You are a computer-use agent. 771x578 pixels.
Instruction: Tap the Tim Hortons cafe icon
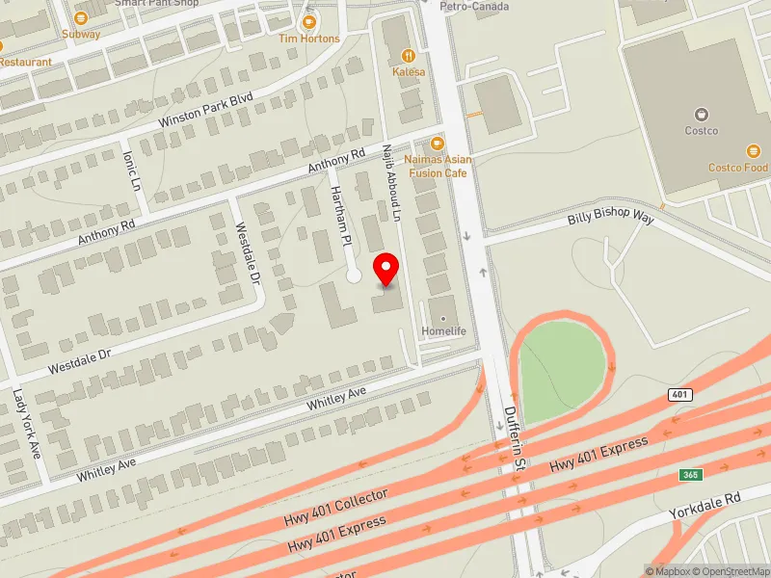309,21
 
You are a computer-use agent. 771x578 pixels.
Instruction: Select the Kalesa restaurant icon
409,56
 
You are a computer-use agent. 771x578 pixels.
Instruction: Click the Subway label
81,34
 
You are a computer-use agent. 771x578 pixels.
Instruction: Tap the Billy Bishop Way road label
610,219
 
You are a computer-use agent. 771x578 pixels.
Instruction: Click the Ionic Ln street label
132,169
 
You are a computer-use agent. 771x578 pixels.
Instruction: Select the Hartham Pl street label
340,214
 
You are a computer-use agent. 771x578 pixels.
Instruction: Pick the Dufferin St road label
517,438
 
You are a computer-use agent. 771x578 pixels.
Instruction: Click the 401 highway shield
678,396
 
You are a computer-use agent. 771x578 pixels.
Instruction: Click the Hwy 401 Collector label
335,508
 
